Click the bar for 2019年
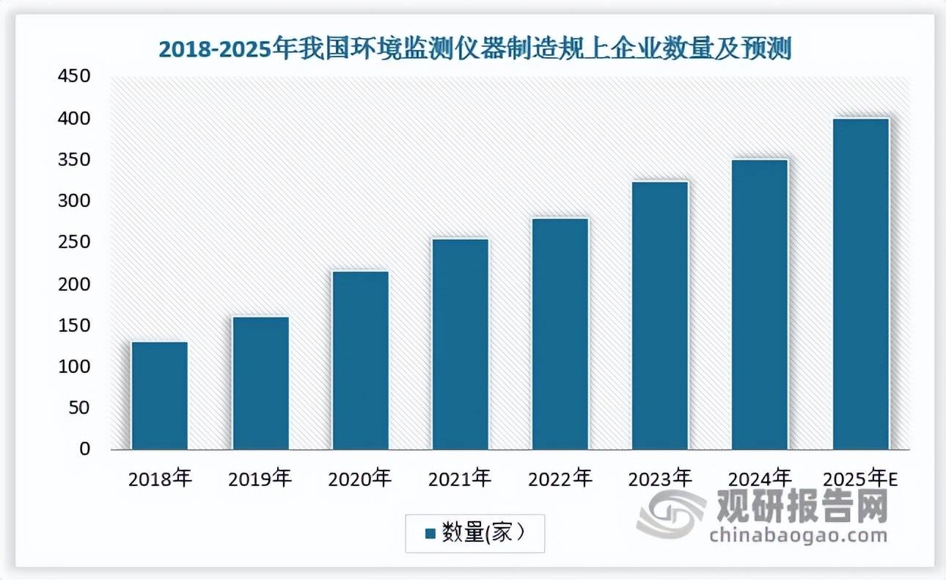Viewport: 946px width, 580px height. click(x=260, y=383)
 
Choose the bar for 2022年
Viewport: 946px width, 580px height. click(x=560, y=333)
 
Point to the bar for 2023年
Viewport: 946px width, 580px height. click(x=660, y=315)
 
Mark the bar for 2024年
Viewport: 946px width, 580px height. click(x=760, y=304)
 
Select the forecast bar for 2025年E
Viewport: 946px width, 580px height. click(x=861, y=283)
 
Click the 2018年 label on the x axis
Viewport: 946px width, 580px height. click(x=160, y=479)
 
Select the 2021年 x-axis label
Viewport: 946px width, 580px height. click(x=461, y=479)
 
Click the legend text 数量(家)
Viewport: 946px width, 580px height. click(x=483, y=533)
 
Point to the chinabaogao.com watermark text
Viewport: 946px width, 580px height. click(x=799, y=534)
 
